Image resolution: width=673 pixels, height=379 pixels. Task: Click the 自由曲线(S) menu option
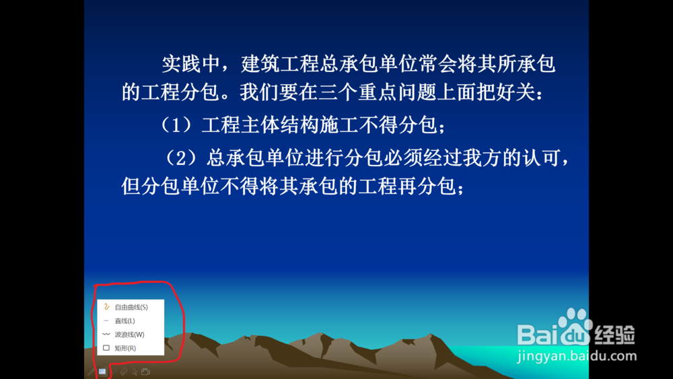131,307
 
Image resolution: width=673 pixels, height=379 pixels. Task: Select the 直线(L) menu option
125,320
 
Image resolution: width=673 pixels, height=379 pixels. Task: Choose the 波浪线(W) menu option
129,335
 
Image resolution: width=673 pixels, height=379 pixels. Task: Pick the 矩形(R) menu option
125,348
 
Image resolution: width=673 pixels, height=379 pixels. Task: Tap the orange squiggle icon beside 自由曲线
106,307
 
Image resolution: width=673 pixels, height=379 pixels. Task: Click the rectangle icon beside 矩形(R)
106,347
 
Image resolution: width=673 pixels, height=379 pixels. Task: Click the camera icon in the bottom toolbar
145,372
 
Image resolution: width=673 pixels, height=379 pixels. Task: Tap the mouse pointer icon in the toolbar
135,372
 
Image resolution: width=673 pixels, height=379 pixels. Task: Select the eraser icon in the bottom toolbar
124,372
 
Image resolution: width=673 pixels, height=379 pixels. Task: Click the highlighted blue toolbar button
102,372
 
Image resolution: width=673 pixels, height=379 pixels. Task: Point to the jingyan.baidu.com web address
577,356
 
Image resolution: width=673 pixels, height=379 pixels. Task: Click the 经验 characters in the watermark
614,335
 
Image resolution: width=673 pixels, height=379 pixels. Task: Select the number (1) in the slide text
176,125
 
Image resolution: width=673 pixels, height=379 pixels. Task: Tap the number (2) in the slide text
182,158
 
